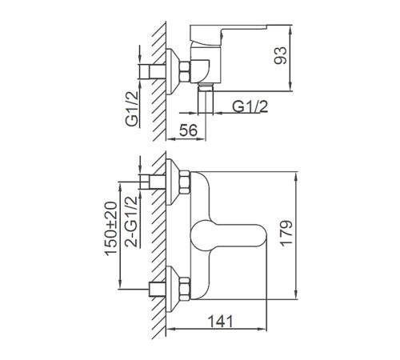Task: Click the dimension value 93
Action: point(280,55)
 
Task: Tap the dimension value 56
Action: point(188,130)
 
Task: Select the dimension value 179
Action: point(286,233)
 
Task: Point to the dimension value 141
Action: point(220,321)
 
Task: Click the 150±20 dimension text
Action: point(110,229)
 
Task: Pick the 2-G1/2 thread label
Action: point(132,222)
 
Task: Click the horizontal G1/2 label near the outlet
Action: point(250,106)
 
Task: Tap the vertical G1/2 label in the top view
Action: point(132,109)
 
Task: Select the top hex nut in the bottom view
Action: point(185,182)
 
